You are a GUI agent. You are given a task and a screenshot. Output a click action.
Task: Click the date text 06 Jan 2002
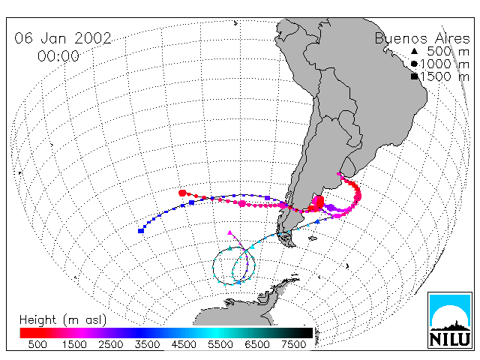coord(63,38)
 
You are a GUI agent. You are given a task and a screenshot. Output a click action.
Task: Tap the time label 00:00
coord(58,56)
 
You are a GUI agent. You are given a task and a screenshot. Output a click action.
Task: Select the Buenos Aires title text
coord(422,38)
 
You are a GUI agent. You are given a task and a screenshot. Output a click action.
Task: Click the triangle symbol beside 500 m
coord(414,51)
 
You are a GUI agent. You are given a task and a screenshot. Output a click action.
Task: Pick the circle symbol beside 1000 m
coord(414,64)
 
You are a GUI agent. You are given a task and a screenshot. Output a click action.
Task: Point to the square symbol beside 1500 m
coord(415,76)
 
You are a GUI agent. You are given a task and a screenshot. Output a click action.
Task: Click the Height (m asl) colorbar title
coord(63,320)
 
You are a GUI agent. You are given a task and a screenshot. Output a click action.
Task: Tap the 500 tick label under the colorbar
coord(37,344)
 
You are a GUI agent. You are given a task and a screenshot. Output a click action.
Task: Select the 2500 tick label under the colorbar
coord(110,344)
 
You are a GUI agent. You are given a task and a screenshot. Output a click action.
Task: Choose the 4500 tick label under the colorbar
coord(184,344)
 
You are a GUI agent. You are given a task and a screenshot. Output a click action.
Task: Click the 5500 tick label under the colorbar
coord(220,344)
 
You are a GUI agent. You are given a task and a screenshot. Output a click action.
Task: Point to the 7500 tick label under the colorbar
coord(293,344)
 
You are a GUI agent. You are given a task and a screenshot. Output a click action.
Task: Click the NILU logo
coord(450,320)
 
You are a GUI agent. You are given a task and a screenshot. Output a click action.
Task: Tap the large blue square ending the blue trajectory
coord(141,230)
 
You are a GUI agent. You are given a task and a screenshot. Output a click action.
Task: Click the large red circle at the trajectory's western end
coord(182,193)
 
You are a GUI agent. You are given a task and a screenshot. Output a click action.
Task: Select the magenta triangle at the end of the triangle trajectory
coord(230,233)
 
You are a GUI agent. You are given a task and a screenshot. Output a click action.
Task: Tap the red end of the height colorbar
coord(24,333)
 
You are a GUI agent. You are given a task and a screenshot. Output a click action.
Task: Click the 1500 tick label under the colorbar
coord(74,344)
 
